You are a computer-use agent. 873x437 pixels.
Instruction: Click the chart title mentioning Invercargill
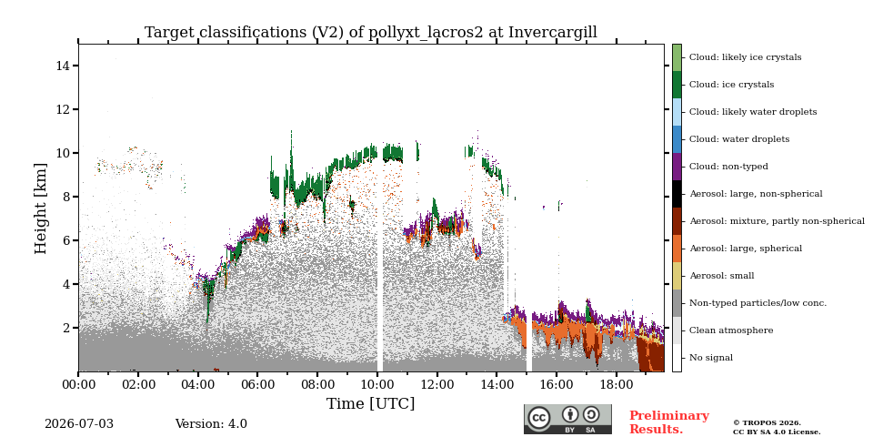[x=371, y=33]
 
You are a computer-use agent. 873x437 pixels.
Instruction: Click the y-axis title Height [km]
[x=41, y=208]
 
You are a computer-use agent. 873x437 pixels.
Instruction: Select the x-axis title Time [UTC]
[x=371, y=403]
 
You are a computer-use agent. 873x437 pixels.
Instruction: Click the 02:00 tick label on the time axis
[x=138, y=384]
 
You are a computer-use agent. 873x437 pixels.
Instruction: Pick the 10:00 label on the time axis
[x=377, y=384]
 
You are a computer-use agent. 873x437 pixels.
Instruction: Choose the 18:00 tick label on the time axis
[x=617, y=384]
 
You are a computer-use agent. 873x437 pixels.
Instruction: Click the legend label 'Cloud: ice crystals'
[x=731, y=85]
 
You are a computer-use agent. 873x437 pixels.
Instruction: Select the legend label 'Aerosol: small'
[x=721, y=276]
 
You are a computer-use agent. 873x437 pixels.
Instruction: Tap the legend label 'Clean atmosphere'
[x=731, y=330]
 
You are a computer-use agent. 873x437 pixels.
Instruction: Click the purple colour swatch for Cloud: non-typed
[x=677, y=167]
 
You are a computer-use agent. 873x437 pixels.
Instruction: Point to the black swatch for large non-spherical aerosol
[x=677, y=194]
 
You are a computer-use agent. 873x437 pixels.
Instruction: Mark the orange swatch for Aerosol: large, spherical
[x=677, y=249]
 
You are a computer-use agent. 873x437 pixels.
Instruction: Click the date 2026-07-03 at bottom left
[x=79, y=424]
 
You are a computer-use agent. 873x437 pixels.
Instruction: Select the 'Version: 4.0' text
[x=211, y=424]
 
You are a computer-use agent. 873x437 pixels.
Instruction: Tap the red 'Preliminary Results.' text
[x=669, y=422]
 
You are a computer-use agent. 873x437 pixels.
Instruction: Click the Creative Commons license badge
[x=567, y=419]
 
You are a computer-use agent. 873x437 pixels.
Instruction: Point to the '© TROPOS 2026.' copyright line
[x=767, y=423]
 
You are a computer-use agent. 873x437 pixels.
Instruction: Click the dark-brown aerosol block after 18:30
[x=651, y=357]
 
